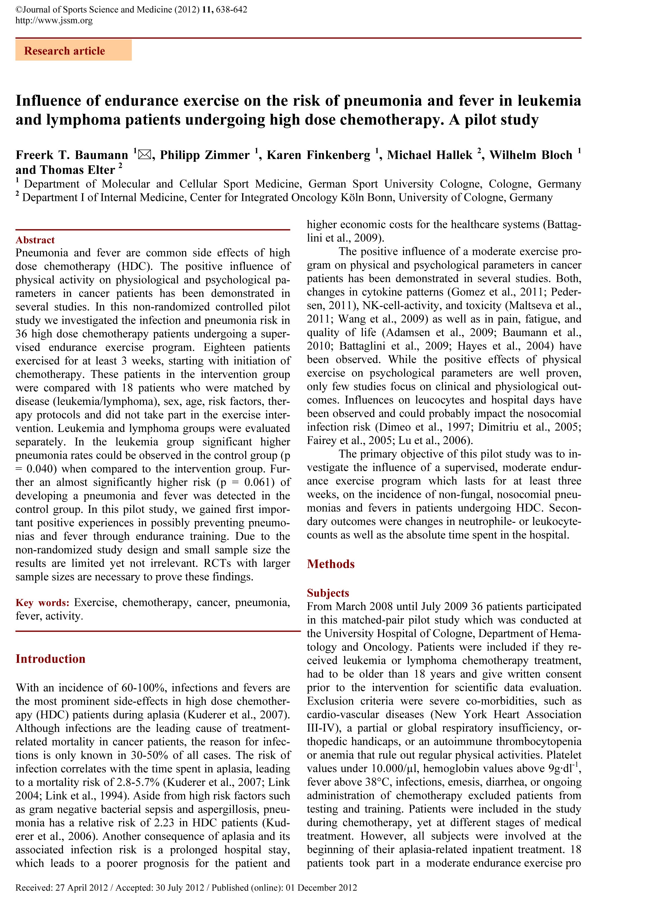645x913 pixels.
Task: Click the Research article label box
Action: pos(73,50)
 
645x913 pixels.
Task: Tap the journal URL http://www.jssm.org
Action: pos(54,20)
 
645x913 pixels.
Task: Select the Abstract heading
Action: pos(35,240)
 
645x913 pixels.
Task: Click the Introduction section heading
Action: pos(50,659)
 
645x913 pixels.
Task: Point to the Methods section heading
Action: pos(331,564)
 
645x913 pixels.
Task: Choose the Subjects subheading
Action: pos(328,593)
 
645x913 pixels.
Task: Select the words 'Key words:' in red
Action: pos(43,603)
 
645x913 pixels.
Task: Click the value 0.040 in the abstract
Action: pos(40,469)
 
